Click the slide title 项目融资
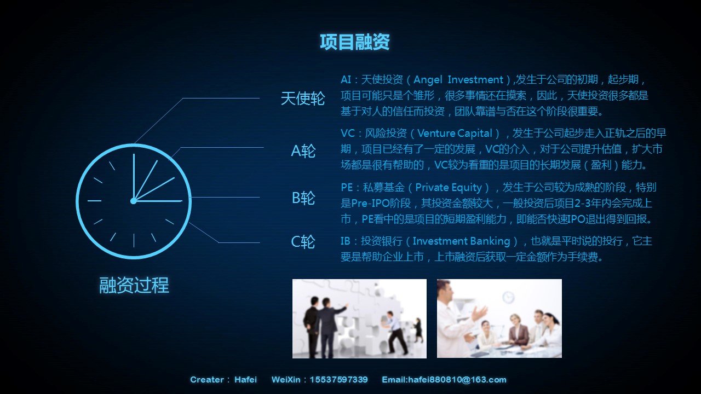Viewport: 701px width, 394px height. pos(354,42)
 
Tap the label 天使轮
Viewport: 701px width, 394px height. pos(303,99)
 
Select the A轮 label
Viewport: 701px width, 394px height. pos(303,151)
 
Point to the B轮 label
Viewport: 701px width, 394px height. pos(303,198)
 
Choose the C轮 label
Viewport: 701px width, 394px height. pos(303,242)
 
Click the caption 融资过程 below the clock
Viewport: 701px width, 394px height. pos(134,285)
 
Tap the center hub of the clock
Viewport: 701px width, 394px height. pos(133,201)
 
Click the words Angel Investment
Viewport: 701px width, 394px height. pos(458,80)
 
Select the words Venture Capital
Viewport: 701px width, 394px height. pos(455,134)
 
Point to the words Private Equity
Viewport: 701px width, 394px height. pos(449,188)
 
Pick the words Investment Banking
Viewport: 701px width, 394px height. pos(461,241)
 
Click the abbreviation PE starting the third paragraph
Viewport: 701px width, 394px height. pos(347,188)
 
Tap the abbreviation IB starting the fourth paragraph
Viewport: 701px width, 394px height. pos(346,241)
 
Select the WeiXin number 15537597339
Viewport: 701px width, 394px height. pos(338,380)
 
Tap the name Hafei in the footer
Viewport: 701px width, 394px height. pos(246,380)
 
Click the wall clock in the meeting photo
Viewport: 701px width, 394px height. pos(509,297)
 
